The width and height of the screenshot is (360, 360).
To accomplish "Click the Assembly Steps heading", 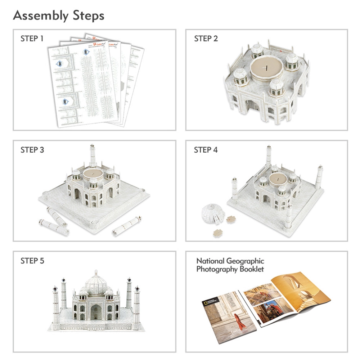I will click(x=59, y=16).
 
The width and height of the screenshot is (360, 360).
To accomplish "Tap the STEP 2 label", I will click(x=206, y=39).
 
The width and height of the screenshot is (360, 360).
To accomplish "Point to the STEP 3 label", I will click(x=32, y=150).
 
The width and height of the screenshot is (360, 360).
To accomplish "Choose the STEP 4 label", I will click(x=206, y=150).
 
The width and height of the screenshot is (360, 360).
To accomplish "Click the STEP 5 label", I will click(x=32, y=261).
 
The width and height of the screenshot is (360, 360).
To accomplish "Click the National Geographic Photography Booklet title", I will click(x=230, y=265).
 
